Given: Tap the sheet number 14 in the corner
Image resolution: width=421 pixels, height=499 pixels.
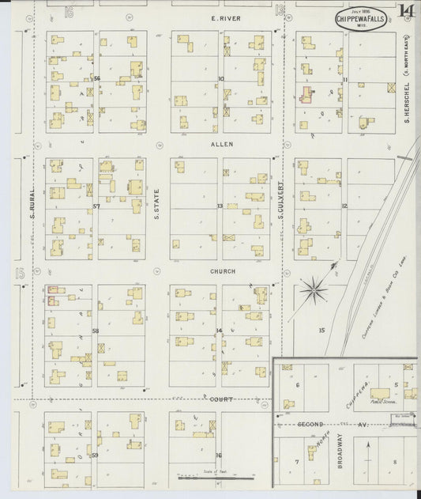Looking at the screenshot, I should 406,11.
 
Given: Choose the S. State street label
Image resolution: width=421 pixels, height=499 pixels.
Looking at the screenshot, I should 157,204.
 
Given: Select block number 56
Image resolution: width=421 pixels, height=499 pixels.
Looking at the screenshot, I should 96,78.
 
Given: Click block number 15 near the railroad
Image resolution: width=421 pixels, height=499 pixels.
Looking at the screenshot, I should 321,329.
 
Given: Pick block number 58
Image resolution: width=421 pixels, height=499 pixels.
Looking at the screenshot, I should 95,330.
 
